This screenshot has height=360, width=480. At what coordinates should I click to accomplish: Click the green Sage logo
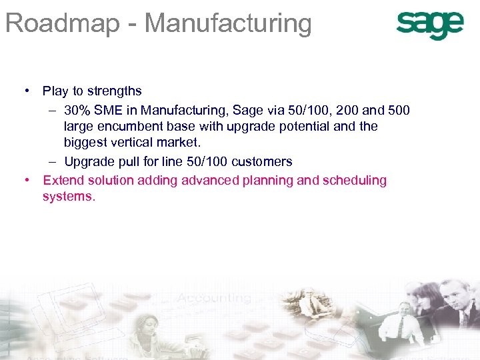click(x=429, y=25)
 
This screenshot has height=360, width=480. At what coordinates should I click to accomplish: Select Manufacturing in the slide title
click(x=228, y=23)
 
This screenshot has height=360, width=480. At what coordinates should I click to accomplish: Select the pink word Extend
click(x=61, y=180)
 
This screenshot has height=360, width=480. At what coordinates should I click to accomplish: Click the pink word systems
click(x=69, y=197)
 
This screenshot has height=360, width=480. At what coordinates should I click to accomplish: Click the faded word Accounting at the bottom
click(x=214, y=297)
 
